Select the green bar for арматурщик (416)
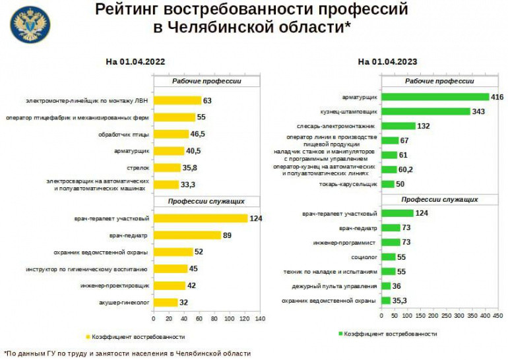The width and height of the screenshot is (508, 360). (434, 97)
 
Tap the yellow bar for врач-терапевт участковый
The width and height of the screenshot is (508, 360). (200, 218)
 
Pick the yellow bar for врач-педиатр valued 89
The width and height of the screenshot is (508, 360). (187, 235)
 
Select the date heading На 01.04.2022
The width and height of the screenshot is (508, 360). (135, 62)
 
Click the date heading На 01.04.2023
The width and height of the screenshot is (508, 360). (387, 62)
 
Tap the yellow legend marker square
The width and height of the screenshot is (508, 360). (88, 337)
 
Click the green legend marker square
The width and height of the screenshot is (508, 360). (341, 334)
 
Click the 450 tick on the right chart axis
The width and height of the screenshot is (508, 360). (493, 317)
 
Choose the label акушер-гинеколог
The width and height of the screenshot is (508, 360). (124, 303)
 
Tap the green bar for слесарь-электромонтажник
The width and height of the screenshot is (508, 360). (398, 125)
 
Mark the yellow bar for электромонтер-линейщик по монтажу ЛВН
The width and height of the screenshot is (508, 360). (177, 101)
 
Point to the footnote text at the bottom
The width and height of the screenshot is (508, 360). (127, 353)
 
